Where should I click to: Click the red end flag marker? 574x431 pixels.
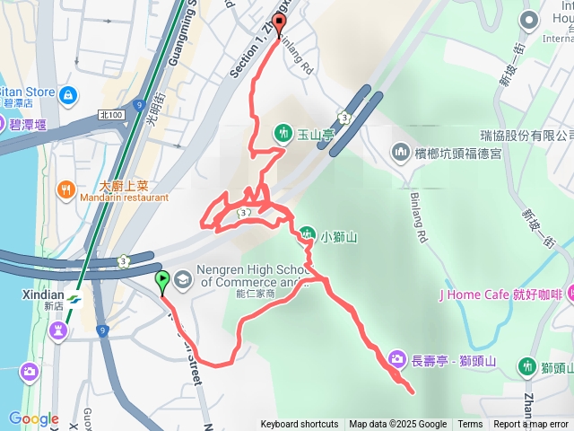click(278, 25)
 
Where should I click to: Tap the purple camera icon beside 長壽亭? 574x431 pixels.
click(396, 360)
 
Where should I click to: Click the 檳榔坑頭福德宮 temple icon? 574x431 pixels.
click(400, 154)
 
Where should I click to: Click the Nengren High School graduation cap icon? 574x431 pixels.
click(183, 279)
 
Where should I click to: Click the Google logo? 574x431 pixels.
click(33, 418)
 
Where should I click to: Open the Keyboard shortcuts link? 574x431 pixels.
click(300, 425)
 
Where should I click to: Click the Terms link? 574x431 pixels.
click(470, 425)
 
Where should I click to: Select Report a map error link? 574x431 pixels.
click(532, 425)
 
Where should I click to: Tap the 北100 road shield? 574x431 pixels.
click(112, 115)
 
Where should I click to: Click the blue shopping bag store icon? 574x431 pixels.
click(67, 92)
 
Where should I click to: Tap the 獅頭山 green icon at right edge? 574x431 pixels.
click(527, 366)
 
